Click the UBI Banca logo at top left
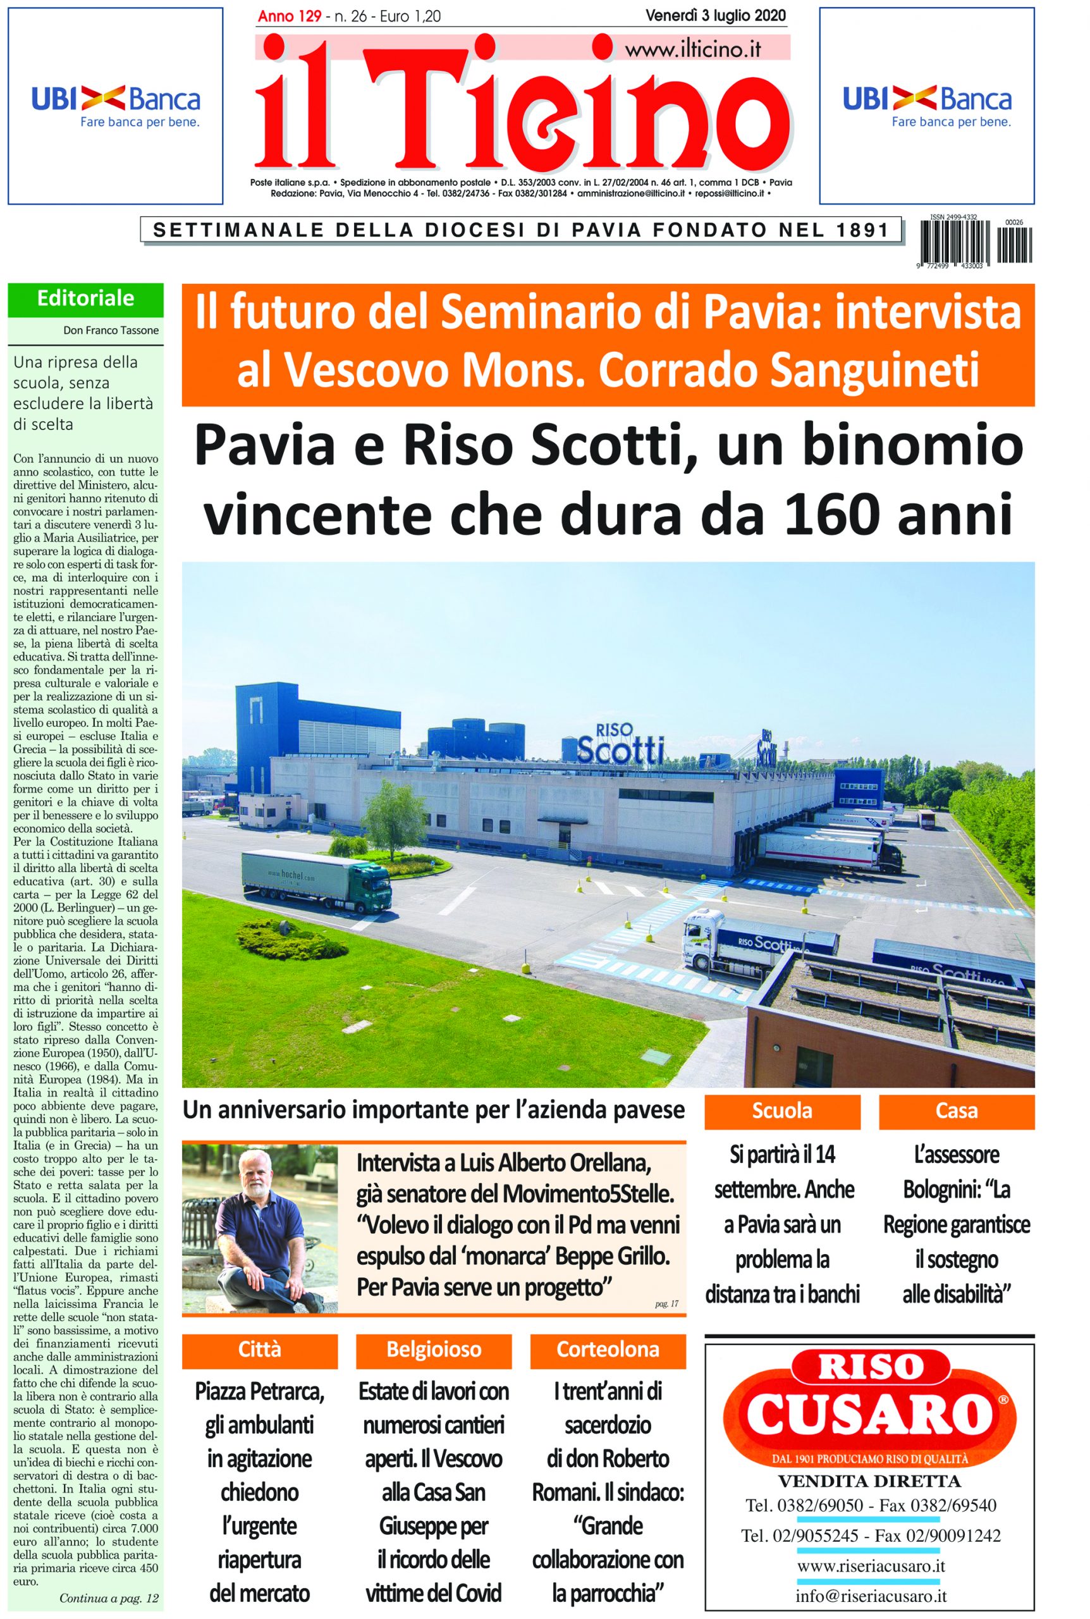click(116, 106)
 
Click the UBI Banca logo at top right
click(927, 106)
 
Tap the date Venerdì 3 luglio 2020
click(715, 15)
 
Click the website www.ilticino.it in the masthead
click(693, 49)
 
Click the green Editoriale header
click(85, 299)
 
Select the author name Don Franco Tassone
click(111, 330)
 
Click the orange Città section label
click(259, 1350)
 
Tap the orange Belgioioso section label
click(433, 1350)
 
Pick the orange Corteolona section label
click(608, 1350)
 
